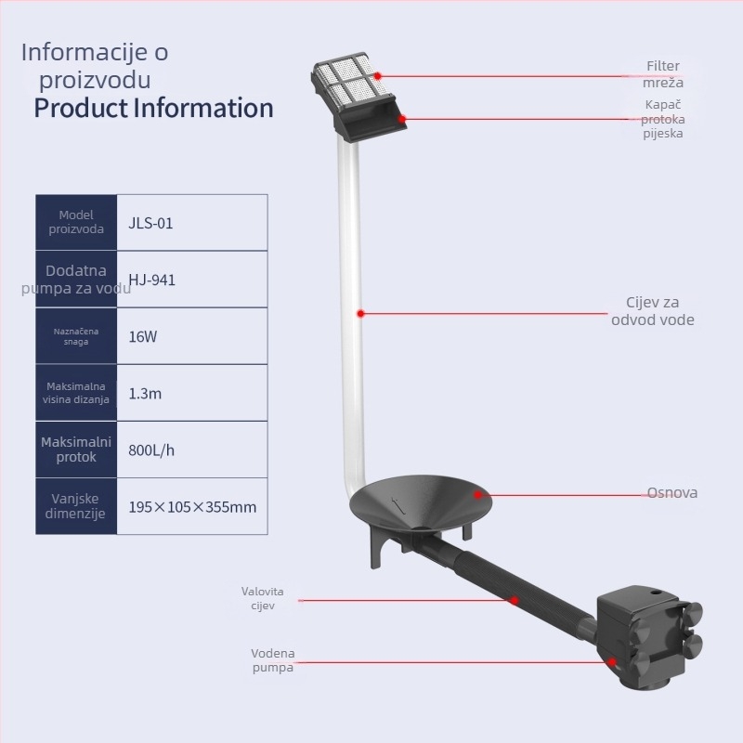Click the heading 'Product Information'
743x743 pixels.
[x=153, y=108]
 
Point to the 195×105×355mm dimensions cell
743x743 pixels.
[x=192, y=507]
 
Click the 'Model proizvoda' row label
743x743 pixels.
[x=76, y=222]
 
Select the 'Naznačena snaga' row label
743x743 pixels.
[x=76, y=336]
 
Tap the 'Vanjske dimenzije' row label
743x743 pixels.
[x=75, y=506]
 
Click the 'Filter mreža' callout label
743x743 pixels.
[x=663, y=74]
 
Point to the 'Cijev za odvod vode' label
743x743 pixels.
[x=653, y=311]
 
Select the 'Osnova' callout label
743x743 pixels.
[x=671, y=493]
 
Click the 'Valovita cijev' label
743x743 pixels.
[x=263, y=598]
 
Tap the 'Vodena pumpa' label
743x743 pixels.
[x=272, y=660]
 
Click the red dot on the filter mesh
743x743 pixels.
[x=378, y=76]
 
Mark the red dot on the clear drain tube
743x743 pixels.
[x=360, y=314]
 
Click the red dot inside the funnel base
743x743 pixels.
[x=477, y=495]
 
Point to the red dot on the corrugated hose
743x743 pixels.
[x=515, y=600]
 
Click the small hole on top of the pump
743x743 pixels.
[x=656, y=593]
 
